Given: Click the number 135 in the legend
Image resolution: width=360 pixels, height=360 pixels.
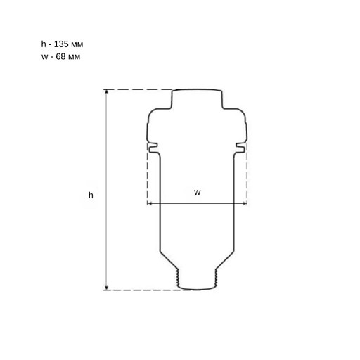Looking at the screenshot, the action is (x=61, y=44).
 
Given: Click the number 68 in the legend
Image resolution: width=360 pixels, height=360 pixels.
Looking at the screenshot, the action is (x=60, y=56).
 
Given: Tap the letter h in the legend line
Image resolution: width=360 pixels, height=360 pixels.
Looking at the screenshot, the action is (x=44, y=44).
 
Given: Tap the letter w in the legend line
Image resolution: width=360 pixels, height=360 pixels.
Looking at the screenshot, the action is (x=44, y=57).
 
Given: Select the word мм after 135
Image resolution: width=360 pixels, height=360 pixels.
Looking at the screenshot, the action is (x=77, y=44).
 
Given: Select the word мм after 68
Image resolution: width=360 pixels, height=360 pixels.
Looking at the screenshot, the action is (x=74, y=57).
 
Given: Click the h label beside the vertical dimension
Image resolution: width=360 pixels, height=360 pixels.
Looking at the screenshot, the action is (x=91, y=195).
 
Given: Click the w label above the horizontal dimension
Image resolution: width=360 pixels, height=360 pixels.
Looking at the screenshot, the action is (x=198, y=193).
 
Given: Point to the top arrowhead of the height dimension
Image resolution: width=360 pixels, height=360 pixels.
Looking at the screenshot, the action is (x=107, y=91).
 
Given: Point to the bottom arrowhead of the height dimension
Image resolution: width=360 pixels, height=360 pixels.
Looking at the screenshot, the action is (x=107, y=288).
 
